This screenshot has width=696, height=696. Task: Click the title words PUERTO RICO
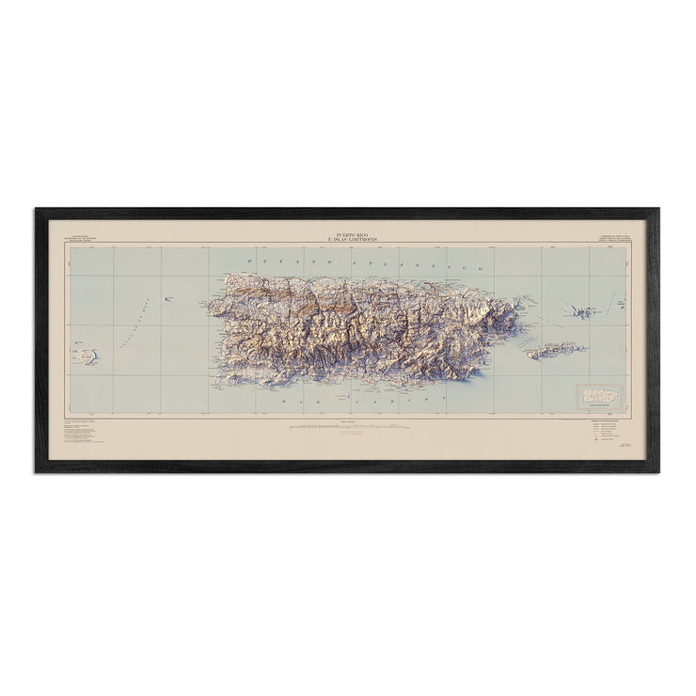347,229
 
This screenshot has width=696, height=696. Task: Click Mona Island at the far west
87,356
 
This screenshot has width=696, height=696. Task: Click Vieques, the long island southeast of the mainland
558,350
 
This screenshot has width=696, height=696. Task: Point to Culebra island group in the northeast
579,311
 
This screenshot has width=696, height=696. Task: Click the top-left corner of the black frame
37,210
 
